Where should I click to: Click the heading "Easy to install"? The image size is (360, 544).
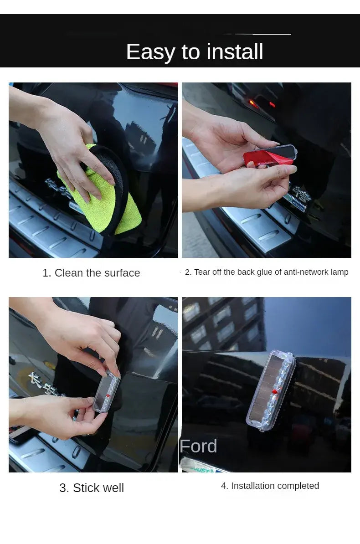pyautogui.click(x=195, y=52)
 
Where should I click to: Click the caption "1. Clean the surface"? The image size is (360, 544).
pyautogui.click(x=91, y=273)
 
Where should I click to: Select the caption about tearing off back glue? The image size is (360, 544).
pyautogui.click(x=267, y=272)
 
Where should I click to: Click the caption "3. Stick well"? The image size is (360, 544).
pyautogui.click(x=92, y=488)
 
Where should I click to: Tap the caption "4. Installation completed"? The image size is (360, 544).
pyautogui.click(x=270, y=486)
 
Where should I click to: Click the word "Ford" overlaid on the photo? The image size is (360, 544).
pyautogui.click(x=199, y=446)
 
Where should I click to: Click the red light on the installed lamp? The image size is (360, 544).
pyautogui.click(x=275, y=392)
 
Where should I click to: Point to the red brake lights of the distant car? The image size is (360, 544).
pyautogui.click(x=260, y=103)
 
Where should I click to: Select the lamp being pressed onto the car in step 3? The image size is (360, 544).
pyautogui.click(x=107, y=391)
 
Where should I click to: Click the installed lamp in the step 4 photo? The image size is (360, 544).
pyautogui.click(x=271, y=390)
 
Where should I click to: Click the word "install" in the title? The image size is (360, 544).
pyautogui.click(x=235, y=51)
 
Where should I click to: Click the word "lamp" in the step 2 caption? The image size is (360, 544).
pyautogui.click(x=339, y=272)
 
